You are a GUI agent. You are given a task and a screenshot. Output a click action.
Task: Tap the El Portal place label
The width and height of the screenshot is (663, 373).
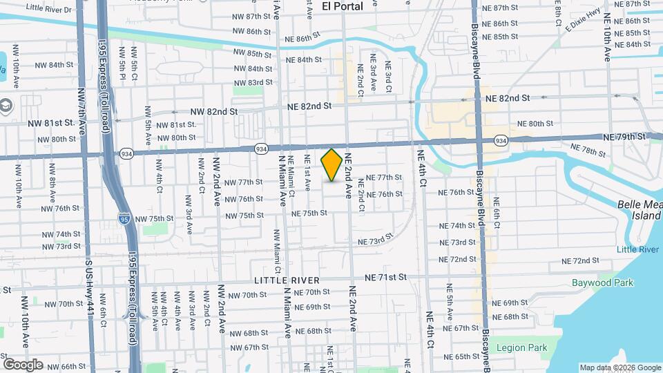(x=342, y=6)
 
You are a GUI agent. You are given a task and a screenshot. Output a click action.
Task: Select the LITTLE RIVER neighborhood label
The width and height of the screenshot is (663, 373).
(x=287, y=280)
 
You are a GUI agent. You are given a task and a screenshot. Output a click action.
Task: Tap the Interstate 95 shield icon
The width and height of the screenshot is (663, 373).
(x=123, y=219)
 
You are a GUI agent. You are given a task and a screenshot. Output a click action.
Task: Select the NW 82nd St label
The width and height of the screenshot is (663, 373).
(x=214, y=111)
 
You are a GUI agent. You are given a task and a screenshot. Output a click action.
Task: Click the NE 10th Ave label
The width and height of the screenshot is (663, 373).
(x=608, y=35)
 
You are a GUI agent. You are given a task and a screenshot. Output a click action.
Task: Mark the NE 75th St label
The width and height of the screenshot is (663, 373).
(x=309, y=213)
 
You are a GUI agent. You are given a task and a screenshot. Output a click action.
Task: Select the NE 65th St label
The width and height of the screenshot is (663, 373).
(x=462, y=356)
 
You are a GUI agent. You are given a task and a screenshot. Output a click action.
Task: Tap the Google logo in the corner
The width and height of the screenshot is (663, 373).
(x=23, y=364)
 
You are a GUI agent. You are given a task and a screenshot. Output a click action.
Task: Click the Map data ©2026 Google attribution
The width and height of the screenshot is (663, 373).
(x=619, y=367)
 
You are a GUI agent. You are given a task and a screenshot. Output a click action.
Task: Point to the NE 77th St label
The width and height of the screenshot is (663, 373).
(x=384, y=178)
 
